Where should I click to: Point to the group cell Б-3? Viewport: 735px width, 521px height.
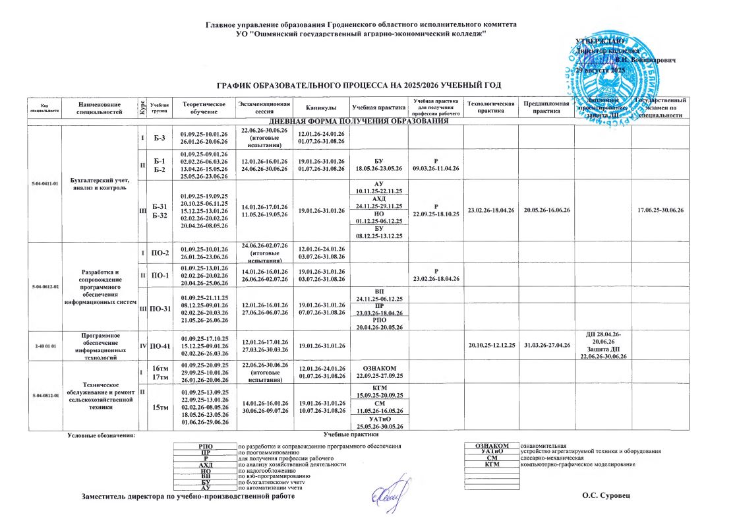[159, 137]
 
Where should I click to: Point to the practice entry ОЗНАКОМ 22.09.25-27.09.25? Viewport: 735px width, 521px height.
[379, 371]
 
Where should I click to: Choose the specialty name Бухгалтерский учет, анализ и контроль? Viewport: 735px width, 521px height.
[99, 185]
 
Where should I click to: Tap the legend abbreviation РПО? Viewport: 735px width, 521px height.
[205, 446]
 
